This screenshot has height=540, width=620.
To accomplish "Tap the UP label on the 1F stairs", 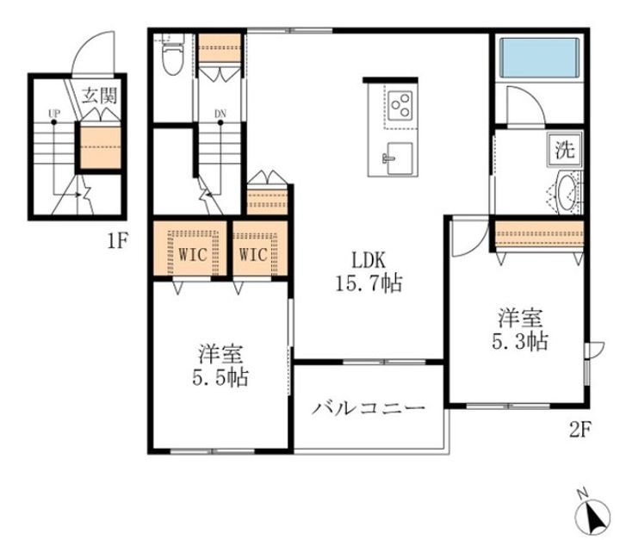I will coord(53,113).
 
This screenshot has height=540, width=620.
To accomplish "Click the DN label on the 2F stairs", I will coord(220,113).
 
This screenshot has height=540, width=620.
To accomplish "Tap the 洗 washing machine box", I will coord(564,150).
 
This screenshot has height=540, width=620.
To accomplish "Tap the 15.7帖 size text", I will coord(369,282).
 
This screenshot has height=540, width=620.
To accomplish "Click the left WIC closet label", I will coord(191,254).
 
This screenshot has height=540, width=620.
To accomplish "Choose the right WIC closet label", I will coord(254,254).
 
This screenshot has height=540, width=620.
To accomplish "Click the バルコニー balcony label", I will coord(369,407).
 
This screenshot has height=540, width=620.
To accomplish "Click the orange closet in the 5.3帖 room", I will coord(540,233).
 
